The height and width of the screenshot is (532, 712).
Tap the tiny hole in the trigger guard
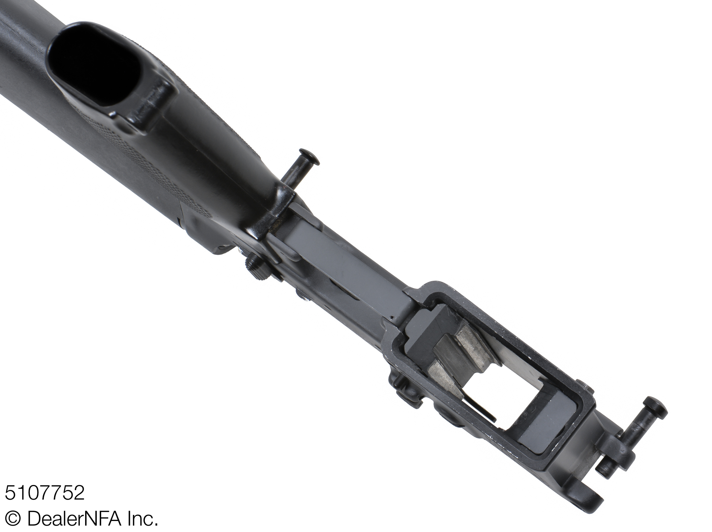pos(391,316)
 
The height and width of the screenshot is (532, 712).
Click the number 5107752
pos(44,493)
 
